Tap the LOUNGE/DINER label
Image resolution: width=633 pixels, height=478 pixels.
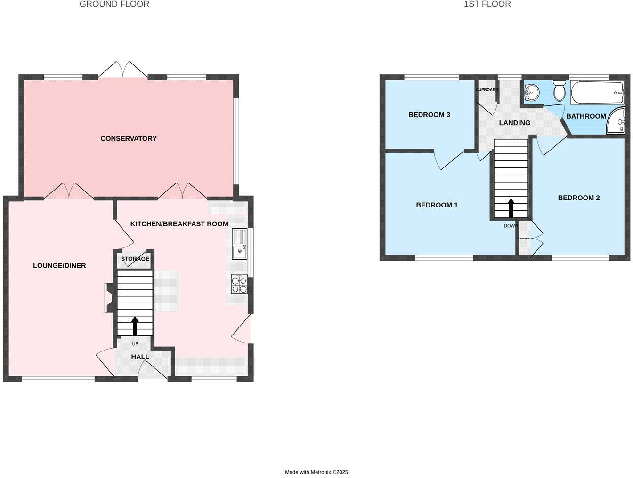click(x=59, y=265)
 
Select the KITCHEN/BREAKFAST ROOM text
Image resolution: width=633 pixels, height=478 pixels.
click(x=179, y=224)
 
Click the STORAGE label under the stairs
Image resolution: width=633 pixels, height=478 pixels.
click(x=135, y=259)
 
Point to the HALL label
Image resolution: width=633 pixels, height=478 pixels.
click(x=140, y=357)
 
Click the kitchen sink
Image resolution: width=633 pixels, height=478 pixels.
click(x=239, y=244)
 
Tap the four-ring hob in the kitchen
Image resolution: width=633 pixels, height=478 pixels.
click(x=239, y=284)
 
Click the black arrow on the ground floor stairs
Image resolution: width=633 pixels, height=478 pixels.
click(x=135, y=326)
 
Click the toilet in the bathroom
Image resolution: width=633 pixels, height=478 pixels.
click(x=560, y=90)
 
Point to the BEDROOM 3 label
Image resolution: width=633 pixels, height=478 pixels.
click(x=429, y=115)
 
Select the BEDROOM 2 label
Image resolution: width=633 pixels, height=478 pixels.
click(x=578, y=198)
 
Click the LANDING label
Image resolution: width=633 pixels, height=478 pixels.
click(x=514, y=123)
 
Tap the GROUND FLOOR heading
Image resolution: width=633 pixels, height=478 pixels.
click(x=114, y=4)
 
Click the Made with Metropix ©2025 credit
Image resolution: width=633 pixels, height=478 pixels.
click(x=316, y=472)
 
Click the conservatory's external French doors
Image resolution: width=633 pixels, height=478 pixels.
click(x=123, y=70)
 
